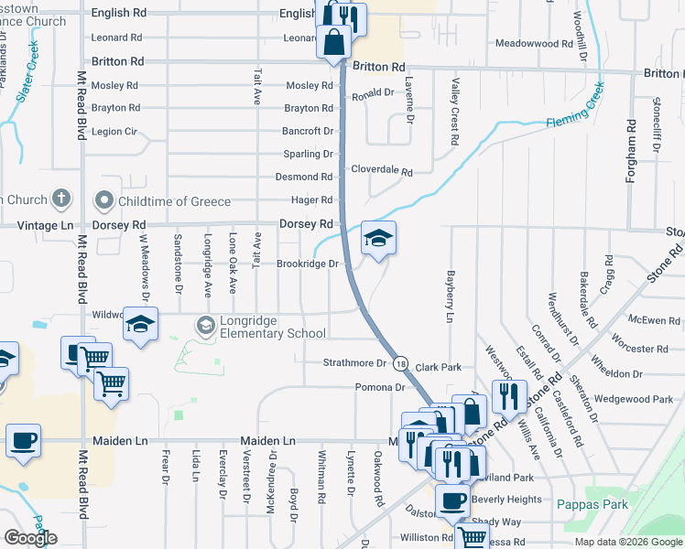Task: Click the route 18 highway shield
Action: (x=401, y=364)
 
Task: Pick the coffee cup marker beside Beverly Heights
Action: (x=452, y=499)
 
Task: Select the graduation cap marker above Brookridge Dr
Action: (x=378, y=239)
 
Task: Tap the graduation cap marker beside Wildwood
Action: (x=140, y=325)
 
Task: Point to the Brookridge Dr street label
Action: (x=308, y=264)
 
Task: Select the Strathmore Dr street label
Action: (x=355, y=363)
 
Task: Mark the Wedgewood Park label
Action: (x=633, y=399)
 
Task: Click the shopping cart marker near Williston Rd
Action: (x=472, y=537)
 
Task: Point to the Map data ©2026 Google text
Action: (x=626, y=542)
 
